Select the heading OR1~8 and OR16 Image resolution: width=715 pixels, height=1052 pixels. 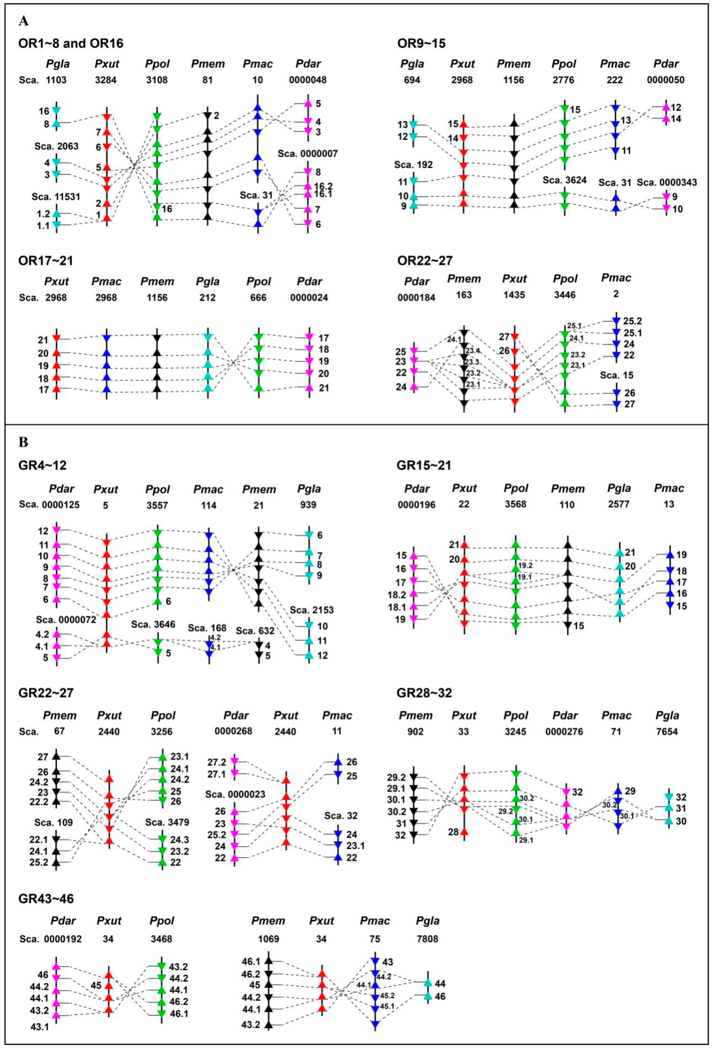(71, 43)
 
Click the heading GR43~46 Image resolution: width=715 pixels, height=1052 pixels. (46, 899)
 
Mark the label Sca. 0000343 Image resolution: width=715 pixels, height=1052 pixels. (667, 182)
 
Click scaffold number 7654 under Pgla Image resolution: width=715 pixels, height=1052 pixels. (667, 732)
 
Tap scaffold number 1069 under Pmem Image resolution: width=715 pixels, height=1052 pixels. (268, 939)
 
